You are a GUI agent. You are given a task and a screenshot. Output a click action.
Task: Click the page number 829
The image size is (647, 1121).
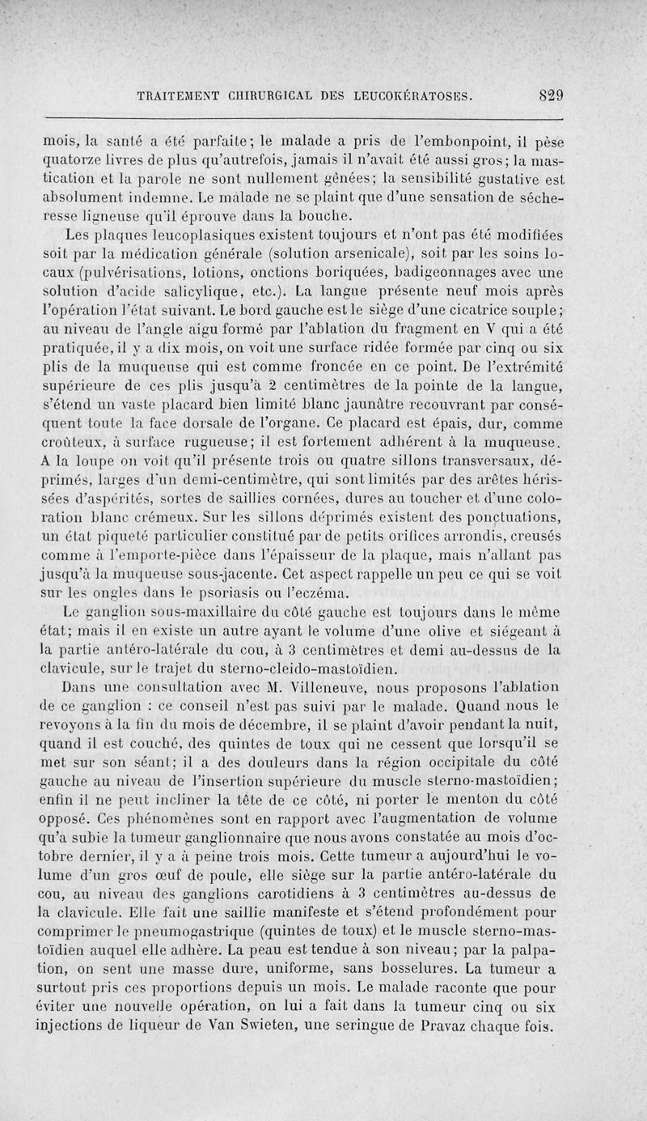tap(550, 93)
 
